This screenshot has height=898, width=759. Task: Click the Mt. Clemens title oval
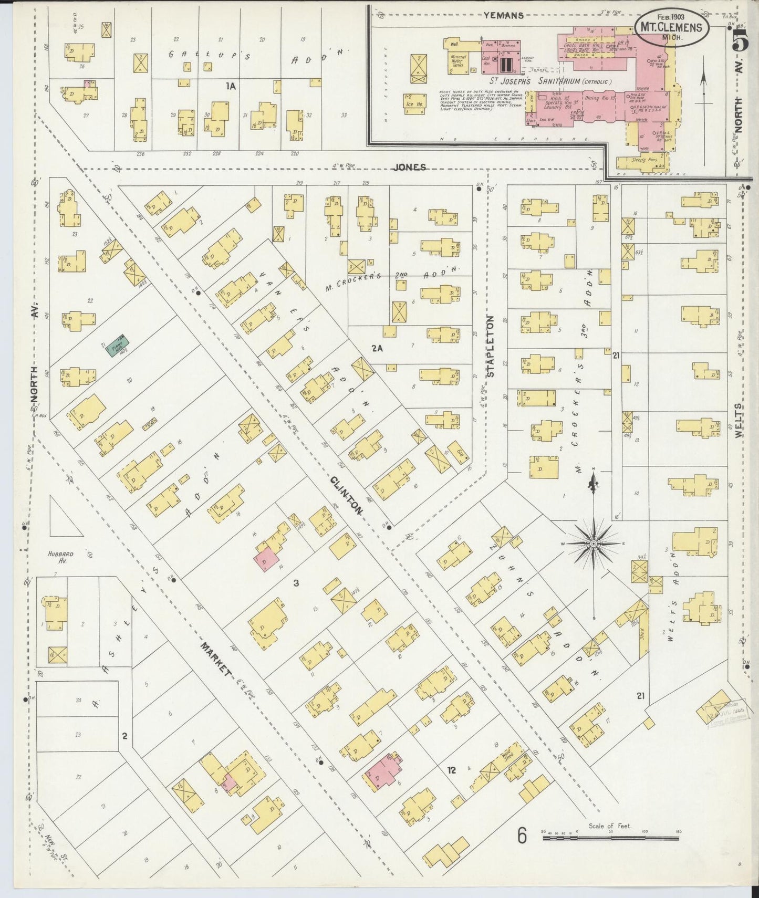click(x=673, y=27)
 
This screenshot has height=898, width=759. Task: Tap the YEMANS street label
click(x=503, y=15)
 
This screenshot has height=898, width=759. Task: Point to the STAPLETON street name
click(x=491, y=346)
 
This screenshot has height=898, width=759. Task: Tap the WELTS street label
click(x=741, y=421)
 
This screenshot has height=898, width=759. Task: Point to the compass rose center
click(x=593, y=544)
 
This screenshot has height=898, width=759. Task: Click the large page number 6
click(x=521, y=836)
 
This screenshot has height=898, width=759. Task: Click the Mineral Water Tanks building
click(x=458, y=59)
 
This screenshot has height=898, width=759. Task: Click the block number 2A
click(x=377, y=348)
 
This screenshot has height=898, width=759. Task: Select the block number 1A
click(x=231, y=86)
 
